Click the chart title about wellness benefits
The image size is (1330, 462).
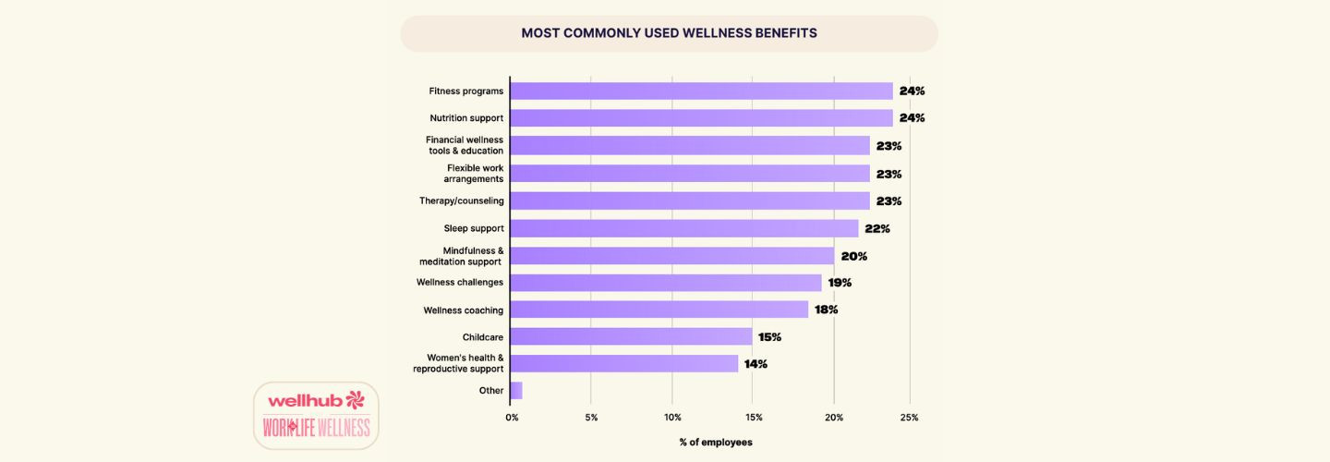tap(669, 33)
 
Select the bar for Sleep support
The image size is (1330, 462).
tap(683, 228)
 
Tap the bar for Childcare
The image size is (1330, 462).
tap(631, 336)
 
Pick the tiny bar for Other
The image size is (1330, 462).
tap(515, 391)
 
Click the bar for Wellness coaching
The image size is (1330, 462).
tap(659, 310)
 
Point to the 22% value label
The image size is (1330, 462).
tap(877, 228)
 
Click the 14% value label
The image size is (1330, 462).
tap(756, 364)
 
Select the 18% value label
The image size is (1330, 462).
tap(826, 310)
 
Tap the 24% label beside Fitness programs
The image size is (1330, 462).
tap(912, 91)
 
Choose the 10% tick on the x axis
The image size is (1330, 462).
tap(672, 418)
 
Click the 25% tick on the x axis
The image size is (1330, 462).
tap(909, 418)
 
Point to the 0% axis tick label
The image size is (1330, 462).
tap(513, 418)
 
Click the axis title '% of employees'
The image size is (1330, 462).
tap(716, 443)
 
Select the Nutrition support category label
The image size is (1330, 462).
tap(466, 118)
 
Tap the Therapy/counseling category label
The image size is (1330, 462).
tap(461, 201)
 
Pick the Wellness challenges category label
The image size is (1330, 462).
tap(460, 282)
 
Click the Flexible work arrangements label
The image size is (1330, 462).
tap(475, 173)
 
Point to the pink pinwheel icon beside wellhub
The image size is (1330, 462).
tap(355, 399)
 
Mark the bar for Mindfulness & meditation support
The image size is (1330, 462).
tap(671, 256)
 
